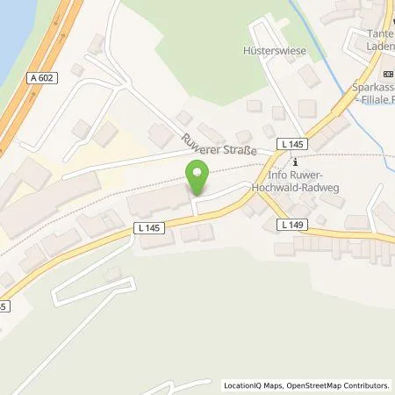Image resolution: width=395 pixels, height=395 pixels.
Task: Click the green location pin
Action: tap(197, 179)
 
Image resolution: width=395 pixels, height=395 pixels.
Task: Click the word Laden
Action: tap(378, 47)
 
